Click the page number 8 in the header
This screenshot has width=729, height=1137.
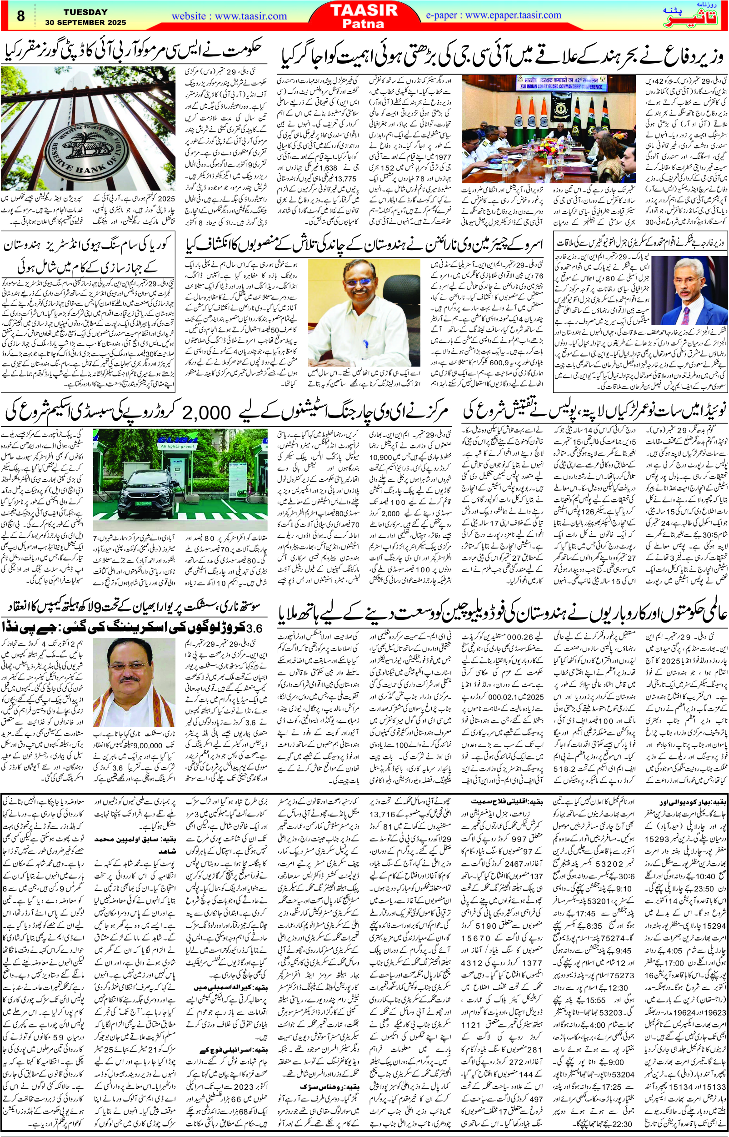coord(20,16)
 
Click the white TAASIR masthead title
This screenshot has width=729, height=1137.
coord(364,10)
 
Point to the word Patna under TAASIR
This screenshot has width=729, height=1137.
coord(363,24)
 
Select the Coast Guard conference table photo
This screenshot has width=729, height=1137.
coord(548,129)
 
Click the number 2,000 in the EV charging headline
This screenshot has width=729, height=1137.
coord(206,413)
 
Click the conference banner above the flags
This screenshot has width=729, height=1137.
coord(560,83)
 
